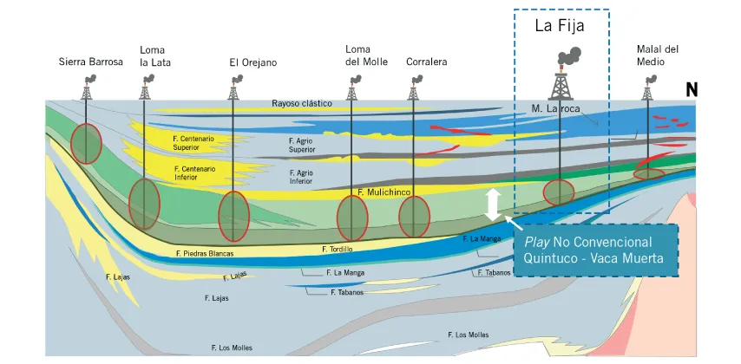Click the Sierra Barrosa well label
point(90,62)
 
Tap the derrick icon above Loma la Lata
point(144,88)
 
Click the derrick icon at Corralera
point(413,88)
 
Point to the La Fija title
point(559,26)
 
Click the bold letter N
point(692,90)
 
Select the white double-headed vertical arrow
point(493,204)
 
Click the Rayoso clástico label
point(302,103)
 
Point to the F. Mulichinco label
point(383,192)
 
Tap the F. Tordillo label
point(338,250)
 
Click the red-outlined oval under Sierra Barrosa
point(87,143)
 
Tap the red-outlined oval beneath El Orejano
point(233,217)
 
